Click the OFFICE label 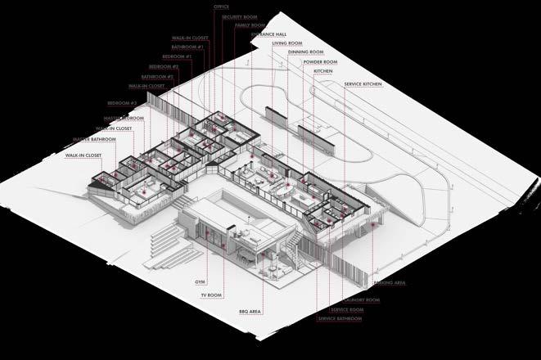(221, 6)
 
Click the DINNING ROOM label (304, 52)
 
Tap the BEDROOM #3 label (123, 103)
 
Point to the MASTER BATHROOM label (93, 139)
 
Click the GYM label (200, 281)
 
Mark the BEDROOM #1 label (177, 56)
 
